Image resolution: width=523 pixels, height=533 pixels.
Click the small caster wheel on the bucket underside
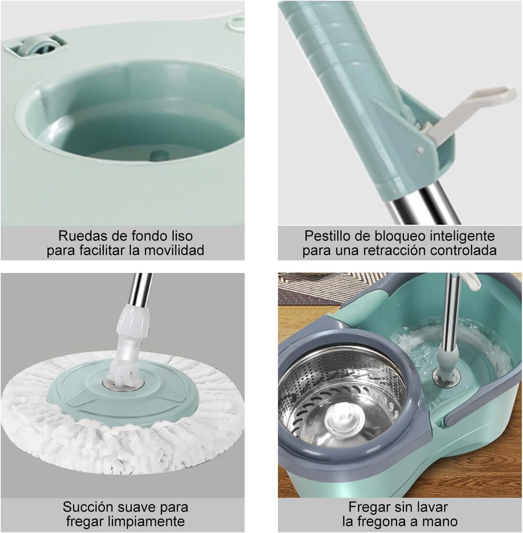pyautogui.click(x=37, y=45)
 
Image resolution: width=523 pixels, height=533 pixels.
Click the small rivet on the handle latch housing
pyautogui.click(x=420, y=150)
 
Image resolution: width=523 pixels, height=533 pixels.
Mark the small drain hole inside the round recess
pyautogui.click(x=159, y=156)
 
